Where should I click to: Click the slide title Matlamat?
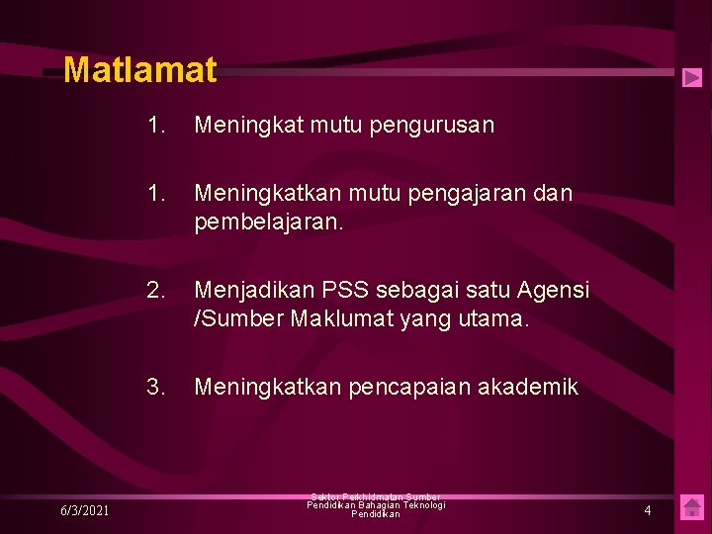click(x=139, y=70)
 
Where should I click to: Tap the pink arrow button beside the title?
click(x=692, y=77)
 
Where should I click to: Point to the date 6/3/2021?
click(x=84, y=510)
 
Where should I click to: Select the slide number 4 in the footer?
click(x=648, y=510)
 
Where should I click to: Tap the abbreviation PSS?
click(x=342, y=291)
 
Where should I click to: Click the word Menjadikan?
click(x=252, y=291)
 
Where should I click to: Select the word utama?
click(x=499, y=319)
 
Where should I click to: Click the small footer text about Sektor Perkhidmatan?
click(x=376, y=505)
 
